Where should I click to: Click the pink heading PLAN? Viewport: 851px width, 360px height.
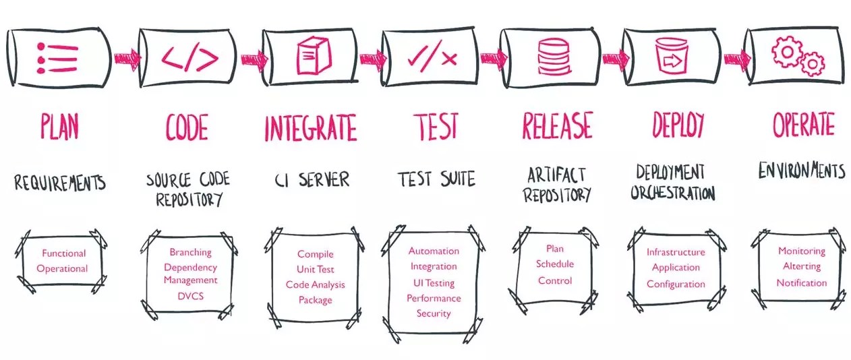pos(59,126)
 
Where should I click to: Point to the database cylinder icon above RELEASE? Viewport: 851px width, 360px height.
pos(553,57)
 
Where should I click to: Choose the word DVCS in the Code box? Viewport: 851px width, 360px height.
pos(190,295)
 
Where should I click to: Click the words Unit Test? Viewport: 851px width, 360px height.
pos(316,270)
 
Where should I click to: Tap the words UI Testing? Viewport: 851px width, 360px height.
pos(434,283)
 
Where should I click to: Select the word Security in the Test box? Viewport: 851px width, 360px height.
pos(434,313)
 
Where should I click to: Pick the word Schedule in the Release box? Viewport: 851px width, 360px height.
pos(555,264)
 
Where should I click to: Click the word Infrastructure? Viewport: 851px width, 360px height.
pos(676,252)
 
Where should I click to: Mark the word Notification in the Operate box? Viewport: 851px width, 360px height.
pos(801,282)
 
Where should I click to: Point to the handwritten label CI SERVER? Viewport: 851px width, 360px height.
pos(313,180)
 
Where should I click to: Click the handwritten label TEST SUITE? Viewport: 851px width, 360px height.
pos(436,179)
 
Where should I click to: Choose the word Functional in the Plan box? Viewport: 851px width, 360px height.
pos(64,253)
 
